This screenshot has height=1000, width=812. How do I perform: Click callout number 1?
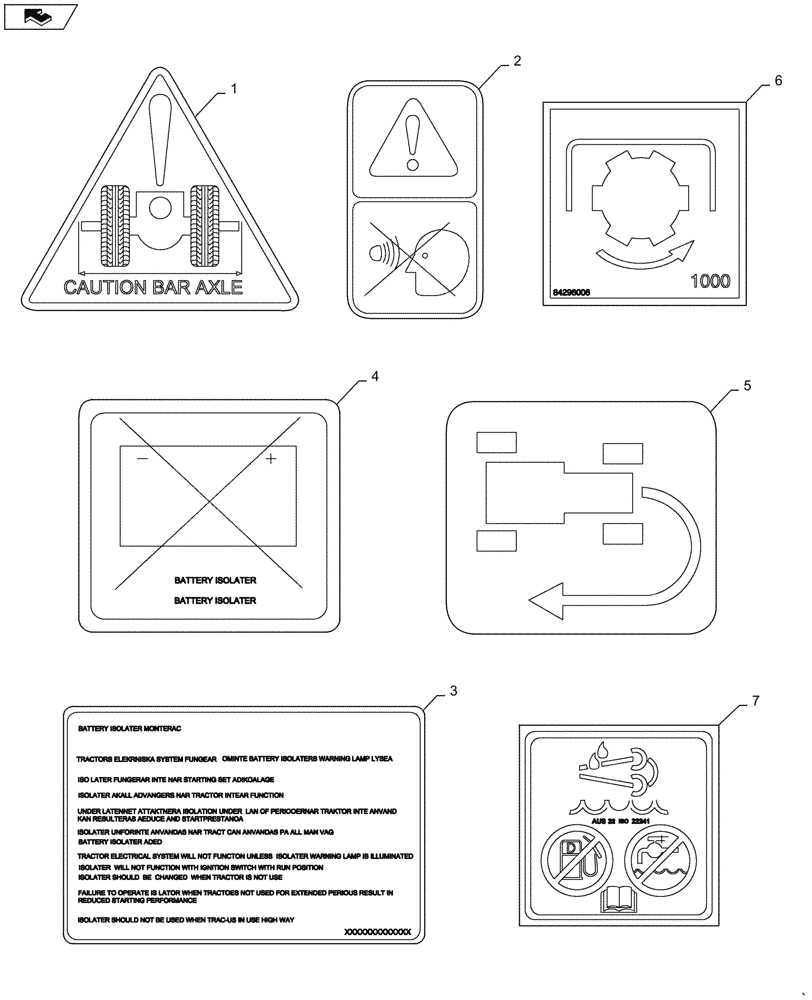pyautogui.click(x=234, y=89)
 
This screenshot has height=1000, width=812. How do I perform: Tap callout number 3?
pyautogui.click(x=453, y=690)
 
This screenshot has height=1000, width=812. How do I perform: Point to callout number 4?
pyautogui.click(x=374, y=377)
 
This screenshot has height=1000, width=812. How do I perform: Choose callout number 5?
pyautogui.click(x=746, y=384)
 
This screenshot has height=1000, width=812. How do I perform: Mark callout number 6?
pyautogui.click(x=778, y=82)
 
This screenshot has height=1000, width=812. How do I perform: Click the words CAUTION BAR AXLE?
pyautogui.click(x=153, y=288)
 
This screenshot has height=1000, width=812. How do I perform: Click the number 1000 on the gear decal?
pyautogui.click(x=710, y=282)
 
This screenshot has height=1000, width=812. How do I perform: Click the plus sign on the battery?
pyautogui.click(x=270, y=459)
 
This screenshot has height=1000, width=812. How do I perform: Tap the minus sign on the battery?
pyautogui.click(x=142, y=459)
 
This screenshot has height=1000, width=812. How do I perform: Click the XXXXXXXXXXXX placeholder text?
pyautogui.click(x=376, y=931)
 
